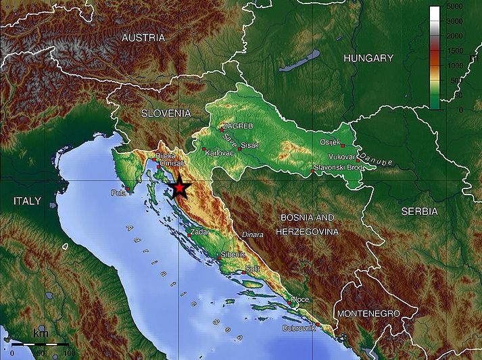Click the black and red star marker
[x=180, y=188]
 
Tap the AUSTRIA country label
[x=143, y=38]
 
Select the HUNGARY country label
[x=368, y=58]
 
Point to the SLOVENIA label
[x=166, y=113]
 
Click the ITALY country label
[x=27, y=201]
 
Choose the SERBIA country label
[x=418, y=211]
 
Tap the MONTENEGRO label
[x=368, y=314]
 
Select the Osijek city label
[x=331, y=142]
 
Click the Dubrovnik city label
[x=299, y=328]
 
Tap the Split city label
[x=252, y=268]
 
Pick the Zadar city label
[x=201, y=232]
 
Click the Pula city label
[x=118, y=192]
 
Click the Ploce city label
[x=299, y=299]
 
